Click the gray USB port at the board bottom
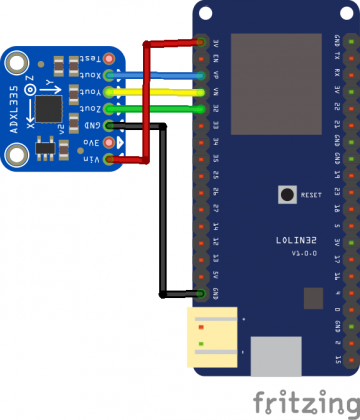pos(277,355)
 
